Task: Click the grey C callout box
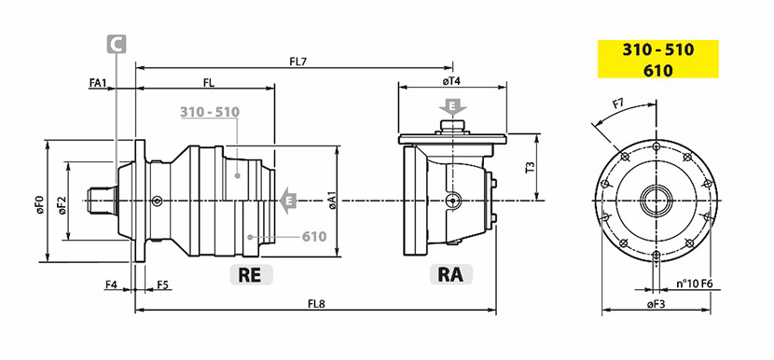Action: point(117,44)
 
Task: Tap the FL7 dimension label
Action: point(298,62)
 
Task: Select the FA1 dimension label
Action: point(97,83)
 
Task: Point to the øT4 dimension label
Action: point(451,81)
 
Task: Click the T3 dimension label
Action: point(531,167)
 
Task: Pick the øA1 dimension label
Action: point(332,201)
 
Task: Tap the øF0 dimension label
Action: point(39,203)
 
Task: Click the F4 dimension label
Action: point(111,285)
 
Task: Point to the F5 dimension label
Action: point(163,285)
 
